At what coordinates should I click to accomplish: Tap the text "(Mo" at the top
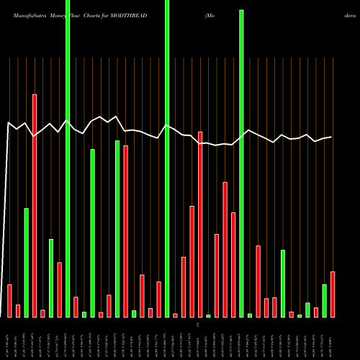[x=210, y=14]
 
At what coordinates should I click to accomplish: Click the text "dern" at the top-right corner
[x=349, y=14]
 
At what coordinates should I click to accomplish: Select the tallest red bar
[x=35, y=205]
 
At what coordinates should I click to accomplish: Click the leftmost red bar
[x=9, y=301]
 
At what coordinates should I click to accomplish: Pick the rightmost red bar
[x=333, y=294]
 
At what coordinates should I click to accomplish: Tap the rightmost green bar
[x=324, y=301]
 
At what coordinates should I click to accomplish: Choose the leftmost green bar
[x=26, y=263]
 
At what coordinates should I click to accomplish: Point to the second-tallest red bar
[x=200, y=224]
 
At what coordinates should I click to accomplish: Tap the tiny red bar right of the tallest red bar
[x=42, y=313]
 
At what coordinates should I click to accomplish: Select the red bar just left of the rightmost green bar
[x=316, y=312]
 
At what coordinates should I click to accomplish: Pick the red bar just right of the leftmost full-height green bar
[x=76, y=307]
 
